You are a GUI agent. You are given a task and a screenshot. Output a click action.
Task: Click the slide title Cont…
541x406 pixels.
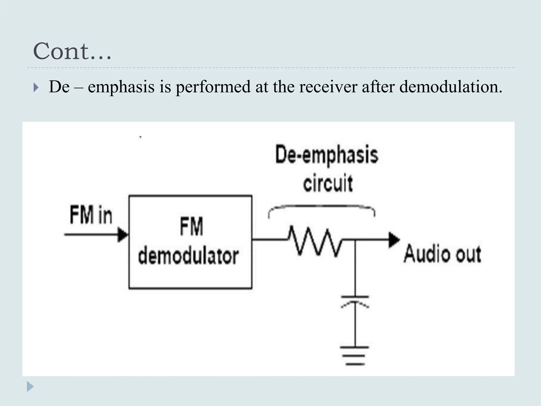click(72, 51)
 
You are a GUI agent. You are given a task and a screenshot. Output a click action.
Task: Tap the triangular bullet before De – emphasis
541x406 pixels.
click(36, 87)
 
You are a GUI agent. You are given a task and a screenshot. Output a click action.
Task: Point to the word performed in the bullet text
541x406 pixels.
click(213, 87)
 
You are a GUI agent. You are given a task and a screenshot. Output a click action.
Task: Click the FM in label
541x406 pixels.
click(91, 215)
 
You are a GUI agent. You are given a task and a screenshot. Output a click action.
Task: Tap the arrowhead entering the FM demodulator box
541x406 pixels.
click(123, 235)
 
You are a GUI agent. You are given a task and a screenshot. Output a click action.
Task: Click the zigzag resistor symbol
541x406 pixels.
click(314, 241)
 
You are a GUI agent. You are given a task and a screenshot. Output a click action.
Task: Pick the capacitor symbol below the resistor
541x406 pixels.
click(355, 301)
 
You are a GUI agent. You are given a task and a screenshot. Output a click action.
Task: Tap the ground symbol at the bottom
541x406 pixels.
click(355, 356)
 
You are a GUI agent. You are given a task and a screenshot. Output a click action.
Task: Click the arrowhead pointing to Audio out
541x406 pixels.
click(394, 240)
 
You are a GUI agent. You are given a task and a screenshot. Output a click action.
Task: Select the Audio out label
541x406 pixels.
click(442, 254)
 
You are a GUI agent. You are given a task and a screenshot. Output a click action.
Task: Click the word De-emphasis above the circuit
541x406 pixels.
click(327, 155)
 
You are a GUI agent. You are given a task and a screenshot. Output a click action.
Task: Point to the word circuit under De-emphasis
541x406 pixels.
click(328, 183)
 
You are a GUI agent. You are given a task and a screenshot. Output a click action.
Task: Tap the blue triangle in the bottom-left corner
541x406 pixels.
click(30, 387)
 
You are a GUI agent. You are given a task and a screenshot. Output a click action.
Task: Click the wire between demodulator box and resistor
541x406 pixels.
click(269, 239)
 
